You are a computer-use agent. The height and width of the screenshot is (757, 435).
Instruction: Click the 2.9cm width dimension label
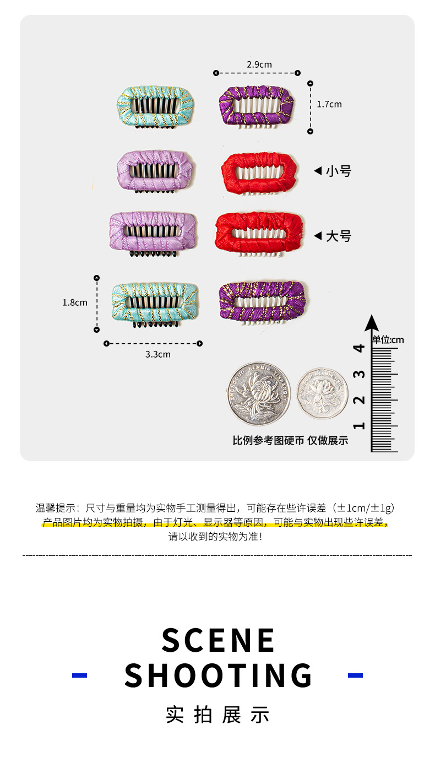coord(259,64)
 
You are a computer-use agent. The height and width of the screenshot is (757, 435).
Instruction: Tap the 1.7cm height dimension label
coord(329,104)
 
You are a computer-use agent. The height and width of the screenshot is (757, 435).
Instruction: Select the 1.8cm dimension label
coord(74,302)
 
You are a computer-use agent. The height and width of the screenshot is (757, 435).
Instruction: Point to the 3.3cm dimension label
coord(157,354)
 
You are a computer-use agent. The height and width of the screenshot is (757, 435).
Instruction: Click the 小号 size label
coord(338,171)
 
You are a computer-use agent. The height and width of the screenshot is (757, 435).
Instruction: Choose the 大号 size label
coord(338,236)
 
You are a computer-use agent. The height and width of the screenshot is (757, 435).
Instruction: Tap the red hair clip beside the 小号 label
coord(259,172)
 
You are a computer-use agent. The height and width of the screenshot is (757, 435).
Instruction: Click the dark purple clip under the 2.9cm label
coord(257,105)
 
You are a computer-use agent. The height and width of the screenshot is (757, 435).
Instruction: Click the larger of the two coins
coord(258,394)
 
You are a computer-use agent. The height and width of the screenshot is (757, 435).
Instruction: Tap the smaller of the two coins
coord(323,393)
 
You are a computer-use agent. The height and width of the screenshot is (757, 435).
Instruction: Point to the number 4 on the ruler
coord(360,348)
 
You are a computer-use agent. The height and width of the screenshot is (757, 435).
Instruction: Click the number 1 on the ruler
coord(360,425)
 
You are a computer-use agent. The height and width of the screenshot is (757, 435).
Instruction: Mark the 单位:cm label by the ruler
coord(388,340)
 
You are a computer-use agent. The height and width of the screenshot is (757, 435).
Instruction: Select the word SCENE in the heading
coord(218,640)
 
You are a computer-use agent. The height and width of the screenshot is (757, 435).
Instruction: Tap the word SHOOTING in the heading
coord(218,675)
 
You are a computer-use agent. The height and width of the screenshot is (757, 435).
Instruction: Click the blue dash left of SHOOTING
coord(80,675)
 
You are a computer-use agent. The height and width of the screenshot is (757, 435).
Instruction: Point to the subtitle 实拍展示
coord(218,715)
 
